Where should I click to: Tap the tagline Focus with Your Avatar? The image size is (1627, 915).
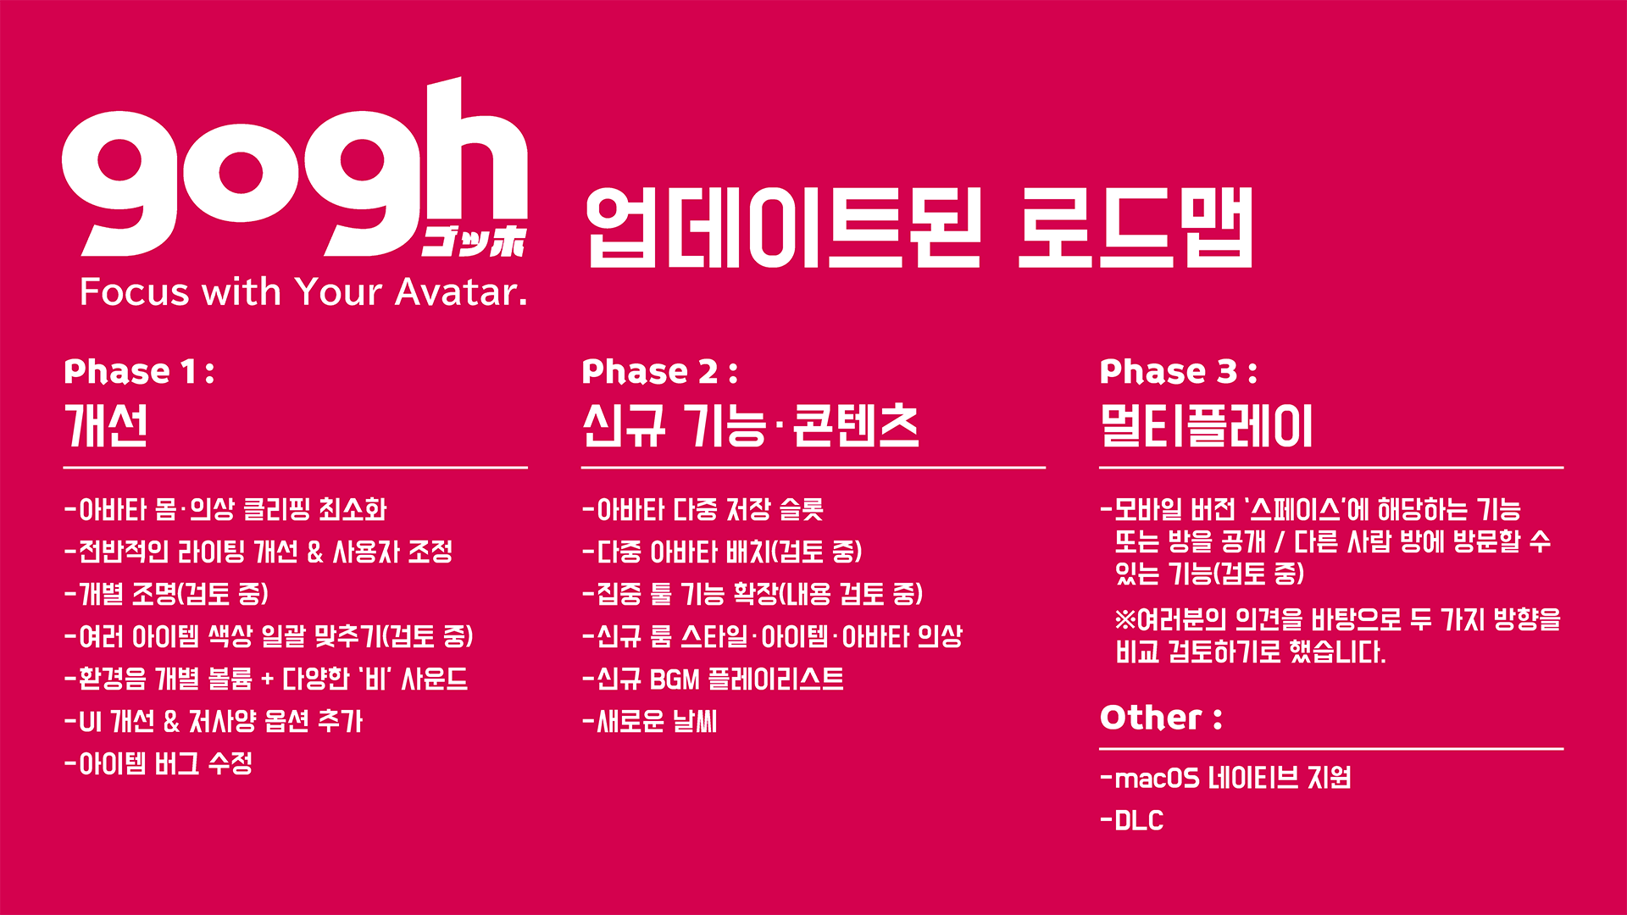pyautogui.click(x=303, y=292)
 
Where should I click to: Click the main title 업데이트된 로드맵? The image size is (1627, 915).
pyautogui.click(x=919, y=227)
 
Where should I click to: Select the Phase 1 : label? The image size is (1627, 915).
pyautogui.click(x=139, y=371)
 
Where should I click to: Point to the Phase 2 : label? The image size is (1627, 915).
pyautogui.click(x=659, y=371)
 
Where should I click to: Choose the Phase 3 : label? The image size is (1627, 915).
pyautogui.click(x=1178, y=371)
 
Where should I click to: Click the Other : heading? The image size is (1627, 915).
pyautogui.click(x=1161, y=718)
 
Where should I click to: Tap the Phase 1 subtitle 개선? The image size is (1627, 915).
pyautogui.click(x=107, y=425)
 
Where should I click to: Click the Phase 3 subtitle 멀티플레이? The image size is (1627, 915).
pyautogui.click(x=1206, y=425)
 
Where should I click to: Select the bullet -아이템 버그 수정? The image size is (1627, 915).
pyautogui.click(x=158, y=763)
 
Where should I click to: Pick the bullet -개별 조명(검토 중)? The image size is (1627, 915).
pyautogui.click(x=166, y=594)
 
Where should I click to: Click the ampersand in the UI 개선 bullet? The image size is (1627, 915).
pyautogui.click(x=171, y=721)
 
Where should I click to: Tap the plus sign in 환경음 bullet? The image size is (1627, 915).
pyautogui.click(x=268, y=679)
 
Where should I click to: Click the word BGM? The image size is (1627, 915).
pyautogui.click(x=675, y=679)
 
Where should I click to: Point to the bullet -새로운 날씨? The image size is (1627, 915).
pyautogui.click(x=650, y=721)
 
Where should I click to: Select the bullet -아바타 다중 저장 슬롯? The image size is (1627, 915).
pyautogui.click(x=703, y=509)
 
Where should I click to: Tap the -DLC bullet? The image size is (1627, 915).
pyautogui.click(x=1132, y=820)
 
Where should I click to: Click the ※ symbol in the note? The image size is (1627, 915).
pyautogui.click(x=1125, y=619)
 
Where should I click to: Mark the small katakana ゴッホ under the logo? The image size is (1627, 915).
pyautogui.click(x=475, y=241)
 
